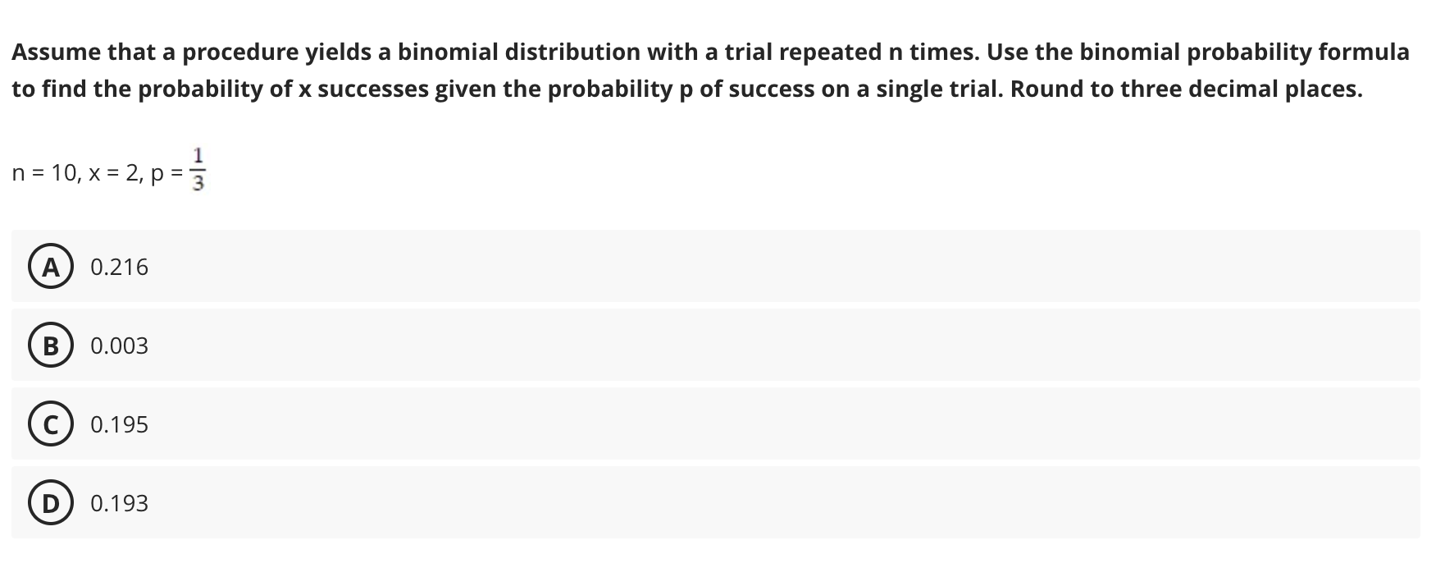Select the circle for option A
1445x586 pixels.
[51, 267]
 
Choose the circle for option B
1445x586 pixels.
[51, 346]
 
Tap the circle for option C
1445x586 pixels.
[51, 424]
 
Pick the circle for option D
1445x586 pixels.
[51, 503]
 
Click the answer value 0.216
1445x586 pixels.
[120, 267]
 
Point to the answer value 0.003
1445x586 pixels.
[120, 346]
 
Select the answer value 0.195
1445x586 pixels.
[120, 424]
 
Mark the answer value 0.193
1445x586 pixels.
[120, 503]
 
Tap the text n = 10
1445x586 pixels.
[44, 173]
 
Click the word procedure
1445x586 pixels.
[240, 53]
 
